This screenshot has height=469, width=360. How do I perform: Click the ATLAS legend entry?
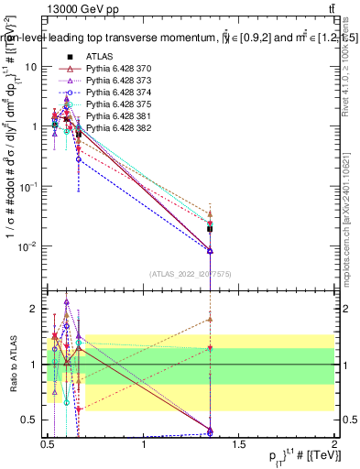click(99, 58)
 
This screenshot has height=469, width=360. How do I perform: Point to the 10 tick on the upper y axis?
click(32, 67)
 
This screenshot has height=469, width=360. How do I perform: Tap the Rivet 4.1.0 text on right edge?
click(349, 73)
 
